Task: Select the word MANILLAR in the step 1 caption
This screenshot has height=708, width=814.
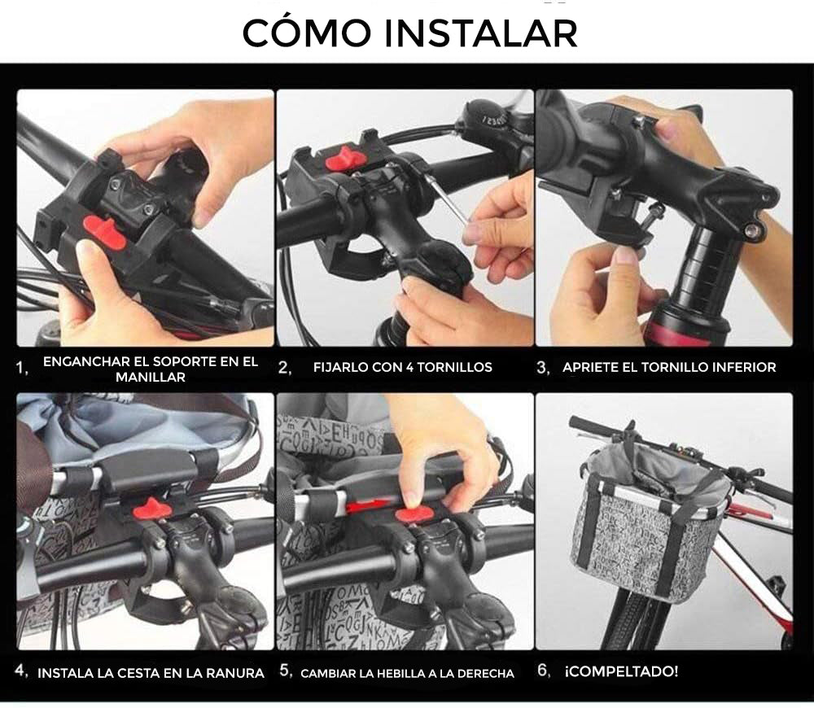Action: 151,377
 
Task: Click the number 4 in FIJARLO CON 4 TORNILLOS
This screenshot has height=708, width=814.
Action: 409,367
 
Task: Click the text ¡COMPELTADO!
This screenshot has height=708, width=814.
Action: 621,671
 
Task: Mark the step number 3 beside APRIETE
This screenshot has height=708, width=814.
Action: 543,368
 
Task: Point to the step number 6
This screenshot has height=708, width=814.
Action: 543,671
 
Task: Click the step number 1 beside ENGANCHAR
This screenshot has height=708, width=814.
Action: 22,368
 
